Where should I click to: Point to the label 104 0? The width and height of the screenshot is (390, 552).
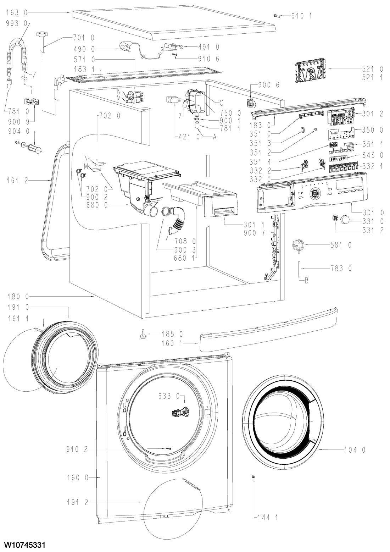[355, 450]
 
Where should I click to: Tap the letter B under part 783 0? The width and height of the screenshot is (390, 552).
[306, 281]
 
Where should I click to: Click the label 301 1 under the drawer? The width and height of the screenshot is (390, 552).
[254, 225]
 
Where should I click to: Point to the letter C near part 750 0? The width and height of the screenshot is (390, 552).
[221, 103]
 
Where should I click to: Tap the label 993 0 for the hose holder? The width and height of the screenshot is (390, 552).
[17, 23]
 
